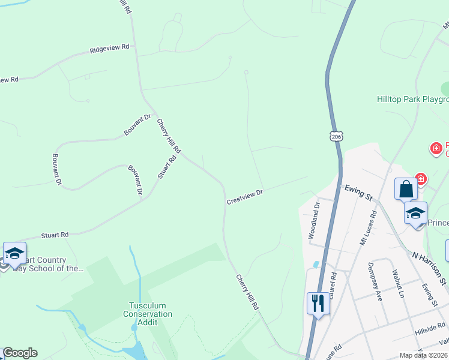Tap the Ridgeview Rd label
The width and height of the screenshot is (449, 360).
click(x=109, y=48)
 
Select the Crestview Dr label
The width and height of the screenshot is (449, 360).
click(x=245, y=197)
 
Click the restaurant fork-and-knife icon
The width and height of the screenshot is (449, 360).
click(x=318, y=302)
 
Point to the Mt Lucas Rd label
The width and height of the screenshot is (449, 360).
click(x=367, y=227)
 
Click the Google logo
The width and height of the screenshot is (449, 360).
click(x=20, y=353)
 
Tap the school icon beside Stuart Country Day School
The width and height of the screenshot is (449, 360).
click(x=14, y=254)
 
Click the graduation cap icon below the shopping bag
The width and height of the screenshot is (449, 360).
click(x=415, y=214)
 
